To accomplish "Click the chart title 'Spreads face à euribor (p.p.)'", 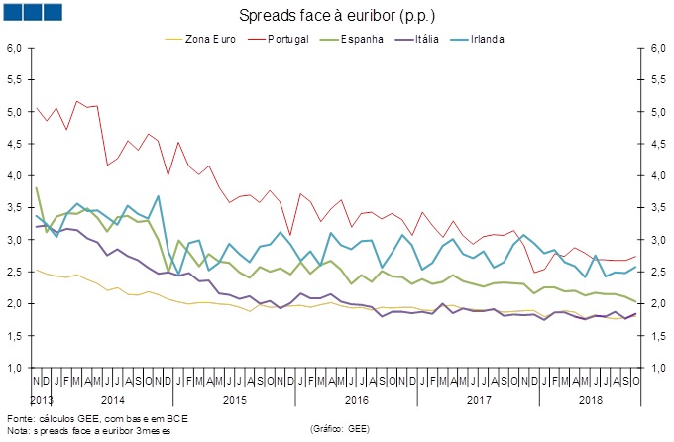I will click(x=337, y=17).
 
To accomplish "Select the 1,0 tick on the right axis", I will click(x=655, y=368).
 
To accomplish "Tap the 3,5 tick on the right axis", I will click(x=655, y=208).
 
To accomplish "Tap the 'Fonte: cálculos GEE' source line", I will click(x=96, y=418).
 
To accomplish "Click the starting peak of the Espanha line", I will click(x=37, y=188).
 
